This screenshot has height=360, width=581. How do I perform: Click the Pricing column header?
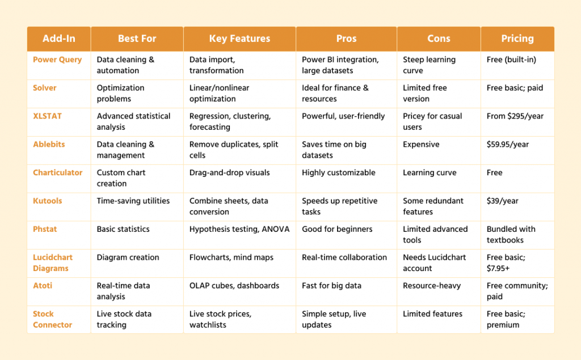click(517, 39)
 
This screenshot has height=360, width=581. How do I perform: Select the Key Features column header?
click(239, 39)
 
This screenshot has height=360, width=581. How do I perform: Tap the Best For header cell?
click(137, 39)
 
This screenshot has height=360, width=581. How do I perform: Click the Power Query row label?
click(57, 60)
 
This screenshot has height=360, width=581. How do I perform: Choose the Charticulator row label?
click(58, 172)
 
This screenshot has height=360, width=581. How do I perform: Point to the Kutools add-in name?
click(48, 201)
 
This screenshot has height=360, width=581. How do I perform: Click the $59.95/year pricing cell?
click(507, 145)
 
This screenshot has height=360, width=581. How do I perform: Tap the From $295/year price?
click(515, 116)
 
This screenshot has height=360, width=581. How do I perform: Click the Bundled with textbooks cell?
click(507, 235)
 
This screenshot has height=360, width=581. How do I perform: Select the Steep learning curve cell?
click(429, 65)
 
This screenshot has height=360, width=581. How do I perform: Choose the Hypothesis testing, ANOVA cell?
click(239, 229)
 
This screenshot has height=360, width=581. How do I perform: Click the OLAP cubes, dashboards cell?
click(234, 286)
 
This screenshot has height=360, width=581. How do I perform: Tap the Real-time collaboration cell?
click(344, 257)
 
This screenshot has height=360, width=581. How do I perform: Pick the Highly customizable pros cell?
click(338, 172)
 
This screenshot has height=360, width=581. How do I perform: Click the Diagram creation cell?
click(128, 257)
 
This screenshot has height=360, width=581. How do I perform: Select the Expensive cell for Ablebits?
click(421, 145)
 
